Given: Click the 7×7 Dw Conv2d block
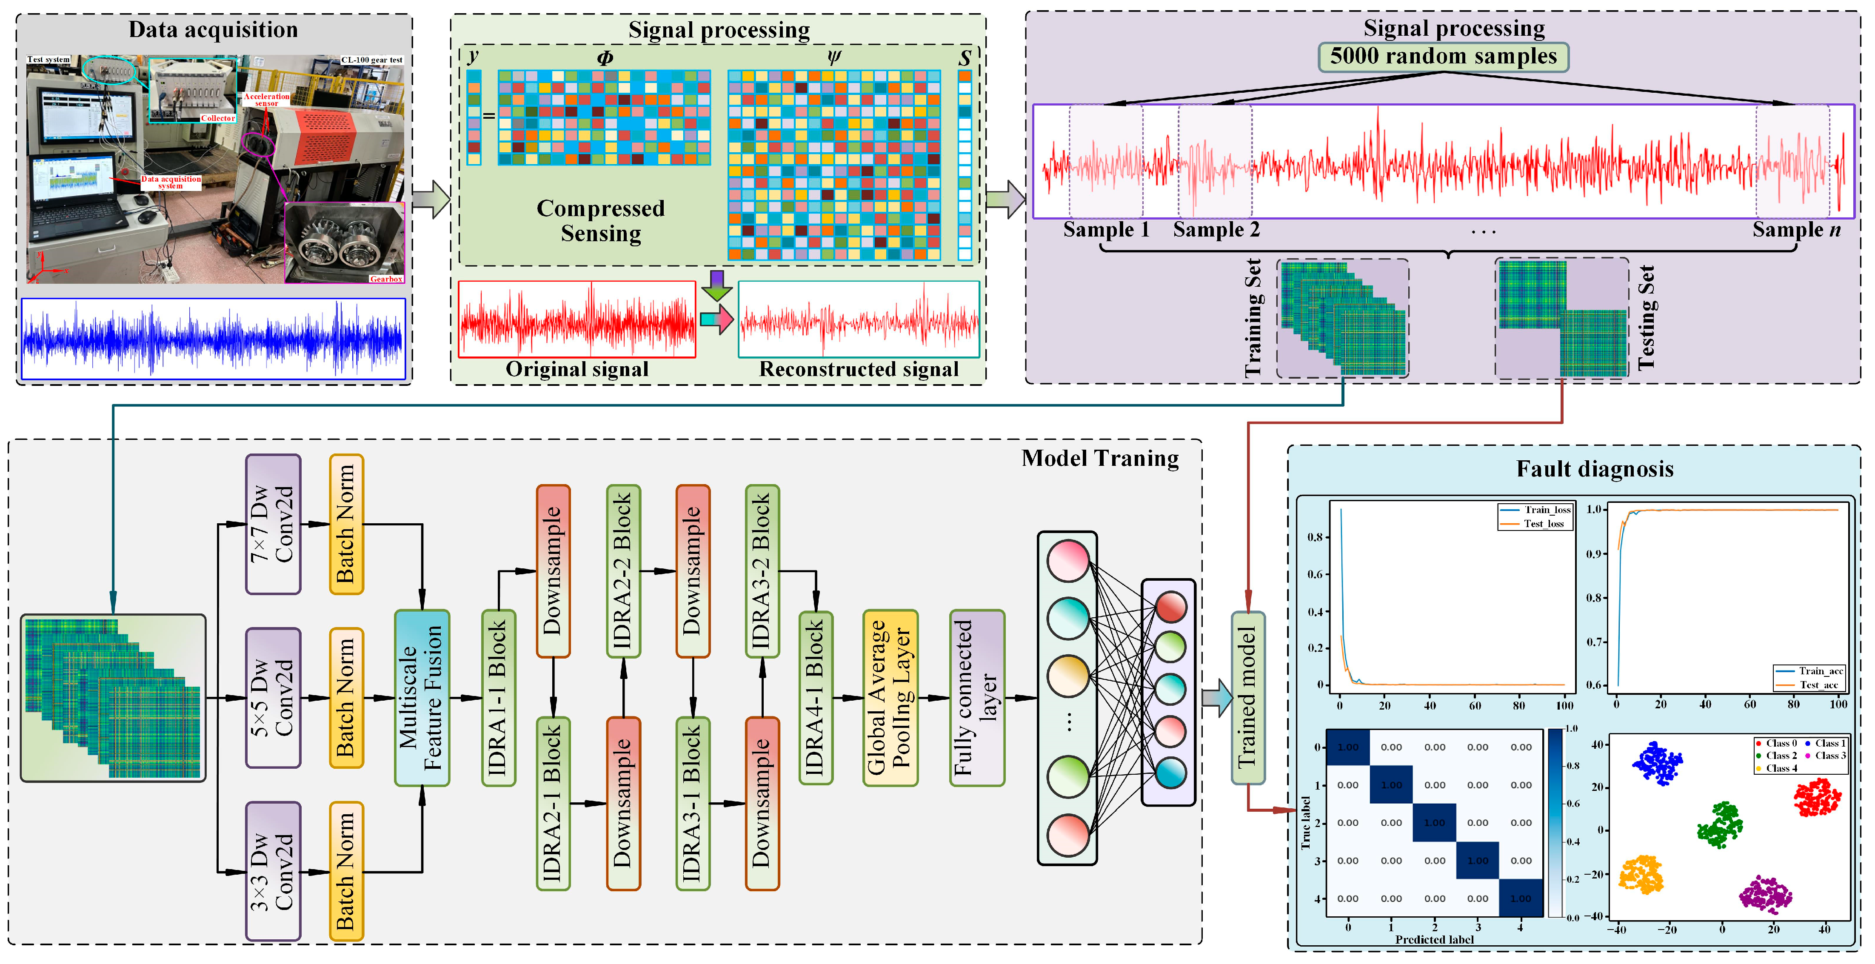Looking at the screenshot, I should tap(273, 524).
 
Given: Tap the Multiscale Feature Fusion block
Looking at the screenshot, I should tap(422, 698).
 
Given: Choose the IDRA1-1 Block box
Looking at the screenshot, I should tap(499, 698).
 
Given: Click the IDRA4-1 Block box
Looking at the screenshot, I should tap(815, 698).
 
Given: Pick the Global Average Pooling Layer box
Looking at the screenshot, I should tap(890, 698).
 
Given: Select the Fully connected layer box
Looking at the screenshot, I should tap(977, 698).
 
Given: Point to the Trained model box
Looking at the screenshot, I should tap(1247, 698).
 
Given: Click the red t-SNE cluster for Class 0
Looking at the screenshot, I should tap(1817, 797).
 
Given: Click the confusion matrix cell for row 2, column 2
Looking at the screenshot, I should tap(1434, 823).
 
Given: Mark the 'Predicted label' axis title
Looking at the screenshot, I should tap(1434, 939).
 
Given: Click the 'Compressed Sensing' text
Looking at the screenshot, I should tap(600, 220).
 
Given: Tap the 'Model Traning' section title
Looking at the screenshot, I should tap(1100, 458).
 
